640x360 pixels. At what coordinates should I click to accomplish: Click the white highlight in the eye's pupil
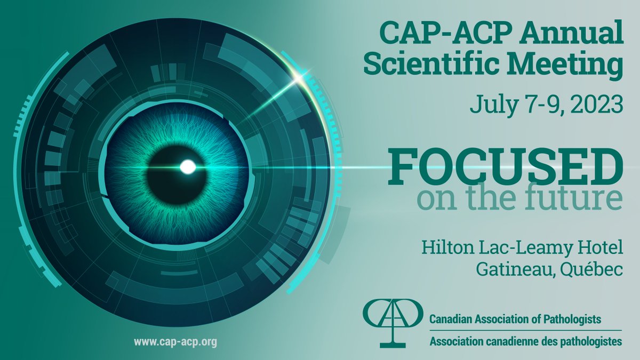click(188, 167)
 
